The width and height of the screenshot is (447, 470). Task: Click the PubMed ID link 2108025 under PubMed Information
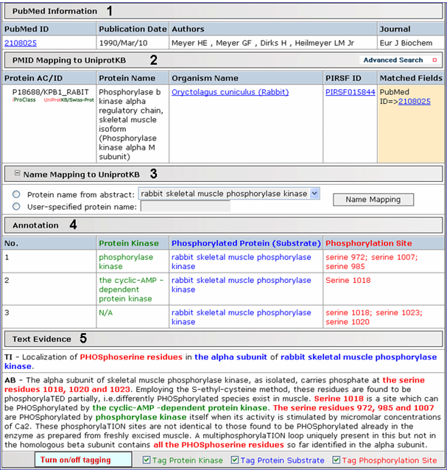(19, 43)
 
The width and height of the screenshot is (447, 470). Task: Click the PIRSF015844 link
(350, 92)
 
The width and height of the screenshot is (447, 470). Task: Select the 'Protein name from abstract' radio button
(16, 194)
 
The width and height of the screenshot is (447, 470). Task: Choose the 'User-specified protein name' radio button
(16, 206)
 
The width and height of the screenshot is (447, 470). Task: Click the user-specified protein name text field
(185, 206)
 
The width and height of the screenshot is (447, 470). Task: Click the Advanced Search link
(393, 60)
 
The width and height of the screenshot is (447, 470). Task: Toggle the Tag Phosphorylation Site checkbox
(337, 460)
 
